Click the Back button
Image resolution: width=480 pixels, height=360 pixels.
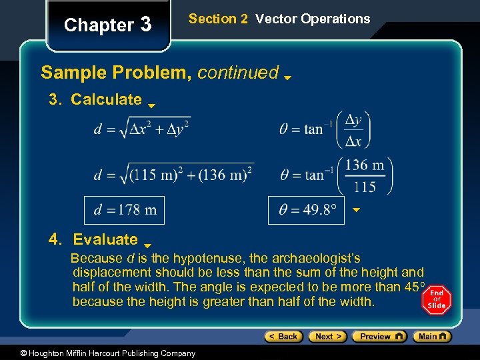284,337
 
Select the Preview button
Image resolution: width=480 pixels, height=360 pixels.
379,337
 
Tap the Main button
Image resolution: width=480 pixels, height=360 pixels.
432,337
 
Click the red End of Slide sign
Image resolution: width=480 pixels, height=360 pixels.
437,301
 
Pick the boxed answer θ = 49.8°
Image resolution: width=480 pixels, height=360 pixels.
308,210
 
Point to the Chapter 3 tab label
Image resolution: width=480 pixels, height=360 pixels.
107,25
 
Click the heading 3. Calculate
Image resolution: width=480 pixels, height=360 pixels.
95,100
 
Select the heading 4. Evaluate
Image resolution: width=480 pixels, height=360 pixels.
93,239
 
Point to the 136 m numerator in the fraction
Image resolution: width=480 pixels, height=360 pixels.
365,165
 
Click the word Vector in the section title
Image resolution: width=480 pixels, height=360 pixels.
275,19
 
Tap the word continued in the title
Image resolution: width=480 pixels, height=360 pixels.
238,72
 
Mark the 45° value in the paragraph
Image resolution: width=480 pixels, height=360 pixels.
412,287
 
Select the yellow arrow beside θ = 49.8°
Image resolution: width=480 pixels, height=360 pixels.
356,210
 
